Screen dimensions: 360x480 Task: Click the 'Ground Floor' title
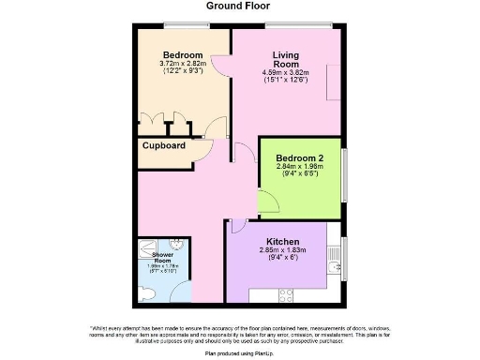tap(239, 6)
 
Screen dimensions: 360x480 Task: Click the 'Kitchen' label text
tap(283, 240)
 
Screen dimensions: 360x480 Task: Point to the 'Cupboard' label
tap(164, 146)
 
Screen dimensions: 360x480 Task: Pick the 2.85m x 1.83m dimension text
tap(283, 250)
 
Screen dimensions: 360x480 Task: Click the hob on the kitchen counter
tap(285, 295)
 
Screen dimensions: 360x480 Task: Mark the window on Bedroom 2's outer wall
tap(345, 170)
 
